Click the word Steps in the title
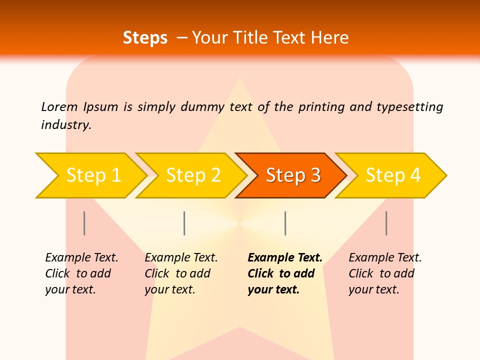145,38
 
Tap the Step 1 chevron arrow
90,175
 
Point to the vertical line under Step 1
84,223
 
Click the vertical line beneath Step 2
184,223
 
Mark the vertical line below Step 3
285,223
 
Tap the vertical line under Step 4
386,223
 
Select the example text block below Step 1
81,273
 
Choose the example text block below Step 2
180,273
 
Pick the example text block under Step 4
384,273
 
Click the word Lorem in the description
59,106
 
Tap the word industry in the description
65,124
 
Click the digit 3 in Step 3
314,175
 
